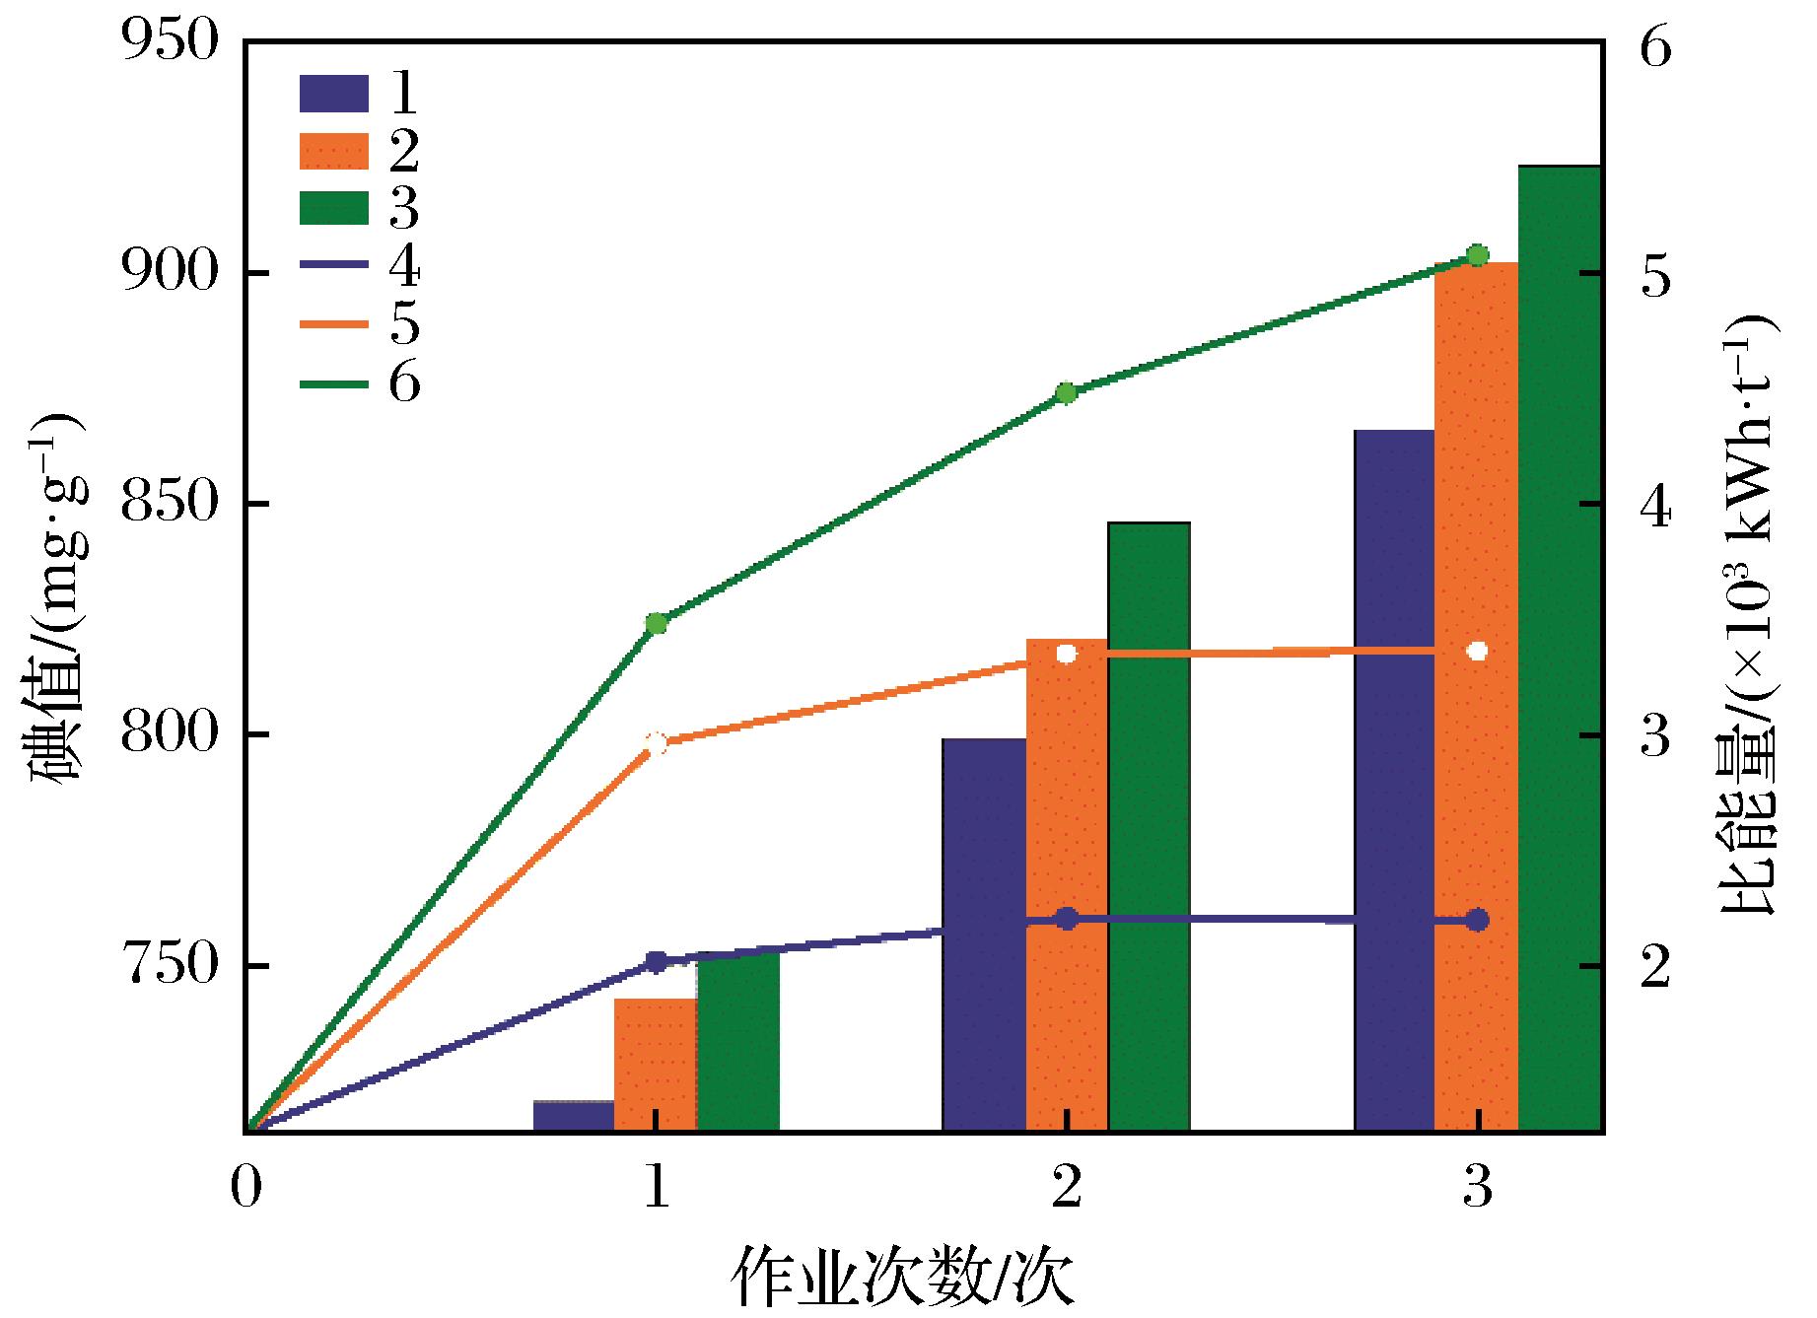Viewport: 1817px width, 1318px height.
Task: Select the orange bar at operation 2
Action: (x=1067, y=887)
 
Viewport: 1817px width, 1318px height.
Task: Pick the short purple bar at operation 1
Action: (x=574, y=1115)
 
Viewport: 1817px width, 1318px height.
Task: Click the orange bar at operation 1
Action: (x=655, y=1065)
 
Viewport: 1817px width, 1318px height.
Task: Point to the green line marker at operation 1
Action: (x=657, y=623)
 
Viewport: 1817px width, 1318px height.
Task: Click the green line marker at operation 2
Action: (x=1066, y=393)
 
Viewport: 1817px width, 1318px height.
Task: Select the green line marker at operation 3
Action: (x=1477, y=255)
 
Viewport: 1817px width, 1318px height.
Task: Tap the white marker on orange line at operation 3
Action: (x=1477, y=651)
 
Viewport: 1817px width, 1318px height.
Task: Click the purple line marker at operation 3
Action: (x=1477, y=920)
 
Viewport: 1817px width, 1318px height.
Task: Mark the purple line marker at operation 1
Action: (x=657, y=961)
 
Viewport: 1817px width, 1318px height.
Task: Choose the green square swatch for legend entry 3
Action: (x=334, y=209)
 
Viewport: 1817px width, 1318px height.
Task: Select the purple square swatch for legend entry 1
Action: (x=334, y=94)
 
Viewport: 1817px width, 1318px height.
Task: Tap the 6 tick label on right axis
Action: (x=1655, y=46)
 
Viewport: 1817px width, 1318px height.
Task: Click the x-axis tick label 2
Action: (x=1066, y=1190)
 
